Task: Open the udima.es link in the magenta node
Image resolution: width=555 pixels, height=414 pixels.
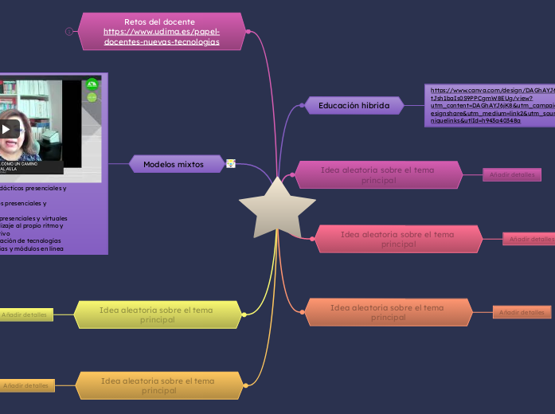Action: pos(162,37)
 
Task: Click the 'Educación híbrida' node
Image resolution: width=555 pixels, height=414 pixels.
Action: pos(354,105)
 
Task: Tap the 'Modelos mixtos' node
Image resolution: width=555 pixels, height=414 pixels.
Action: pos(173,164)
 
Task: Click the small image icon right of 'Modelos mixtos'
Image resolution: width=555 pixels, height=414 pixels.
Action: pos(231,164)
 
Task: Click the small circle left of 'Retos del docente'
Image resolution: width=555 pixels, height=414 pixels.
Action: pos(69,31)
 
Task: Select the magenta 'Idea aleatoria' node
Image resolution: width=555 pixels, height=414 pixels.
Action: pos(378,174)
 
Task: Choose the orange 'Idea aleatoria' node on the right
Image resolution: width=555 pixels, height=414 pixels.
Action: pos(387,312)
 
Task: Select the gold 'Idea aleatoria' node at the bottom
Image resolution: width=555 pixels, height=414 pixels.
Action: pos(158,385)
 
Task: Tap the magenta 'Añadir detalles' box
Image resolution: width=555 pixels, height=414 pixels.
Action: pos(512,174)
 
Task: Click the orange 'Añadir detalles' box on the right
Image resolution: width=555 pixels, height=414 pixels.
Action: pos(522,312)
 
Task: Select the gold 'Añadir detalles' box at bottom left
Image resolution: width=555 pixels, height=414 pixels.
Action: pos(25,385)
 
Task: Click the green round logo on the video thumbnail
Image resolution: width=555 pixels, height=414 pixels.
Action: pos(92,84)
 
